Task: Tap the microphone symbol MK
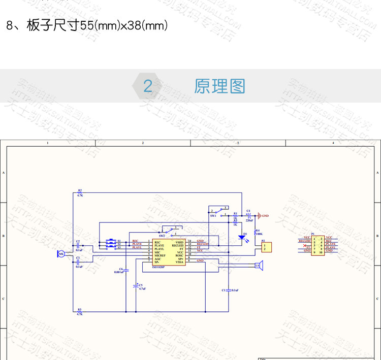[x=60, y=253]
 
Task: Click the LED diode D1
[x=242, y=237]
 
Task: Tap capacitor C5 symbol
[x=135, y=285]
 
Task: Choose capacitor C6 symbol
[x=126, y=269]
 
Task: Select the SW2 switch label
[x=162, y=236]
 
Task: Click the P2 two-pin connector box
[x=266, y=247]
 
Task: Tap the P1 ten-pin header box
[x=318, y=244]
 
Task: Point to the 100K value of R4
[x=259, y=234]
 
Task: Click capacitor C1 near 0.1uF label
[x=229, y=290]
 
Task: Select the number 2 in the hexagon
[x=148, y=86]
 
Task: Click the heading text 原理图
[x=219, y=86]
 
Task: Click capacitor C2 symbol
[x=78, y=246]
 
